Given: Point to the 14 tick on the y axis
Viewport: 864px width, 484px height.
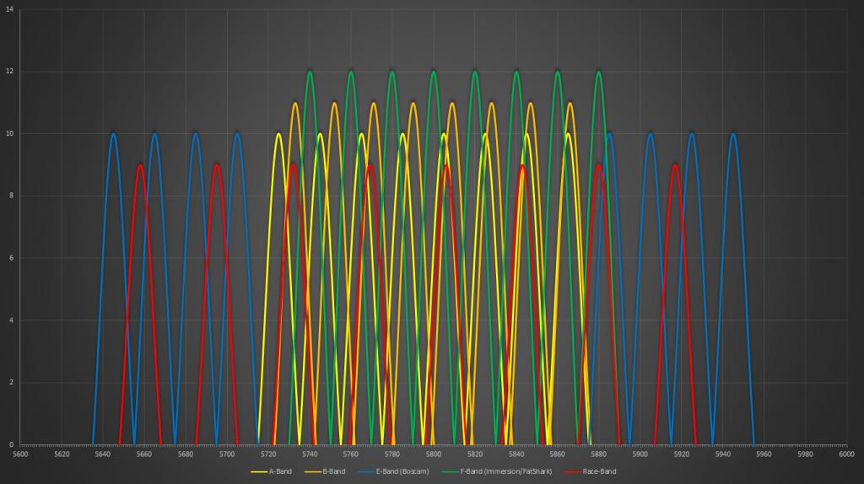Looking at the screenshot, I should coord(10,8).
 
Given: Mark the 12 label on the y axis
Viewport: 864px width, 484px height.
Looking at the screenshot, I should coord(10,71).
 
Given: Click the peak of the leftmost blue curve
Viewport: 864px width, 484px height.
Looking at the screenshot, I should coord(113,133).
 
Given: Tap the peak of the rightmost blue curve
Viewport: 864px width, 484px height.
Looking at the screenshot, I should coord(733,133).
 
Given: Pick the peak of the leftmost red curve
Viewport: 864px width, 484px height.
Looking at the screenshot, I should coord(140,164).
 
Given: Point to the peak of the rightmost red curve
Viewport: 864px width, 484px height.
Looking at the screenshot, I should coord(675,164).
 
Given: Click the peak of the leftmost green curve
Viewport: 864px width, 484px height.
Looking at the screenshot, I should coord(310,71).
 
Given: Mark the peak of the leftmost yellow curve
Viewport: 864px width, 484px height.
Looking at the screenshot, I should coord(278,133).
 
